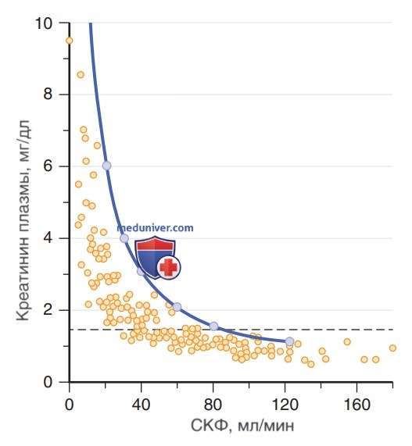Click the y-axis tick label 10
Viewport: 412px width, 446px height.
click(x=44, y=23)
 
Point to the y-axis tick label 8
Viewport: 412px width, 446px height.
click(x=48, y=93)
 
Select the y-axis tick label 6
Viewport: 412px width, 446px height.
click(x=48, y=166)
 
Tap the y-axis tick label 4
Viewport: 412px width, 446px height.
click(x=48, y=237)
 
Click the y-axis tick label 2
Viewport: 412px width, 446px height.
click(x=48, y=309)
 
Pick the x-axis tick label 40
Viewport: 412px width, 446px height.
click(x=141, y=404)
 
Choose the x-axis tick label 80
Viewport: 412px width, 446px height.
click(x=213, y=404)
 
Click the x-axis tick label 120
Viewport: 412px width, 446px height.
click(x=285, y=404)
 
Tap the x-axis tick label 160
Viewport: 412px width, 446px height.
click(x=356, y=404)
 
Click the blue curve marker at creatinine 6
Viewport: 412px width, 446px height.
click(x=106, y=166)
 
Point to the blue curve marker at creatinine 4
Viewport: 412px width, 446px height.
click(x=124, y=238)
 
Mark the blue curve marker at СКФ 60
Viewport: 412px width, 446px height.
click(x=177, y=307)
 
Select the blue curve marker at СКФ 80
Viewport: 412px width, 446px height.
click(x=213, y=326)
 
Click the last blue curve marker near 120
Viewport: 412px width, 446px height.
click(x=289, y=341)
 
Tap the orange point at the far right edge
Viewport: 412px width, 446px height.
click(x=392, y=348)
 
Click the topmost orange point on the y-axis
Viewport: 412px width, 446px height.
click(x=70, y=41)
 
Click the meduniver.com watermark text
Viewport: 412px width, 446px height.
click(x=156, y=228)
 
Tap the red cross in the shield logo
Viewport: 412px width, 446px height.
click(x=169, y=267)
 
